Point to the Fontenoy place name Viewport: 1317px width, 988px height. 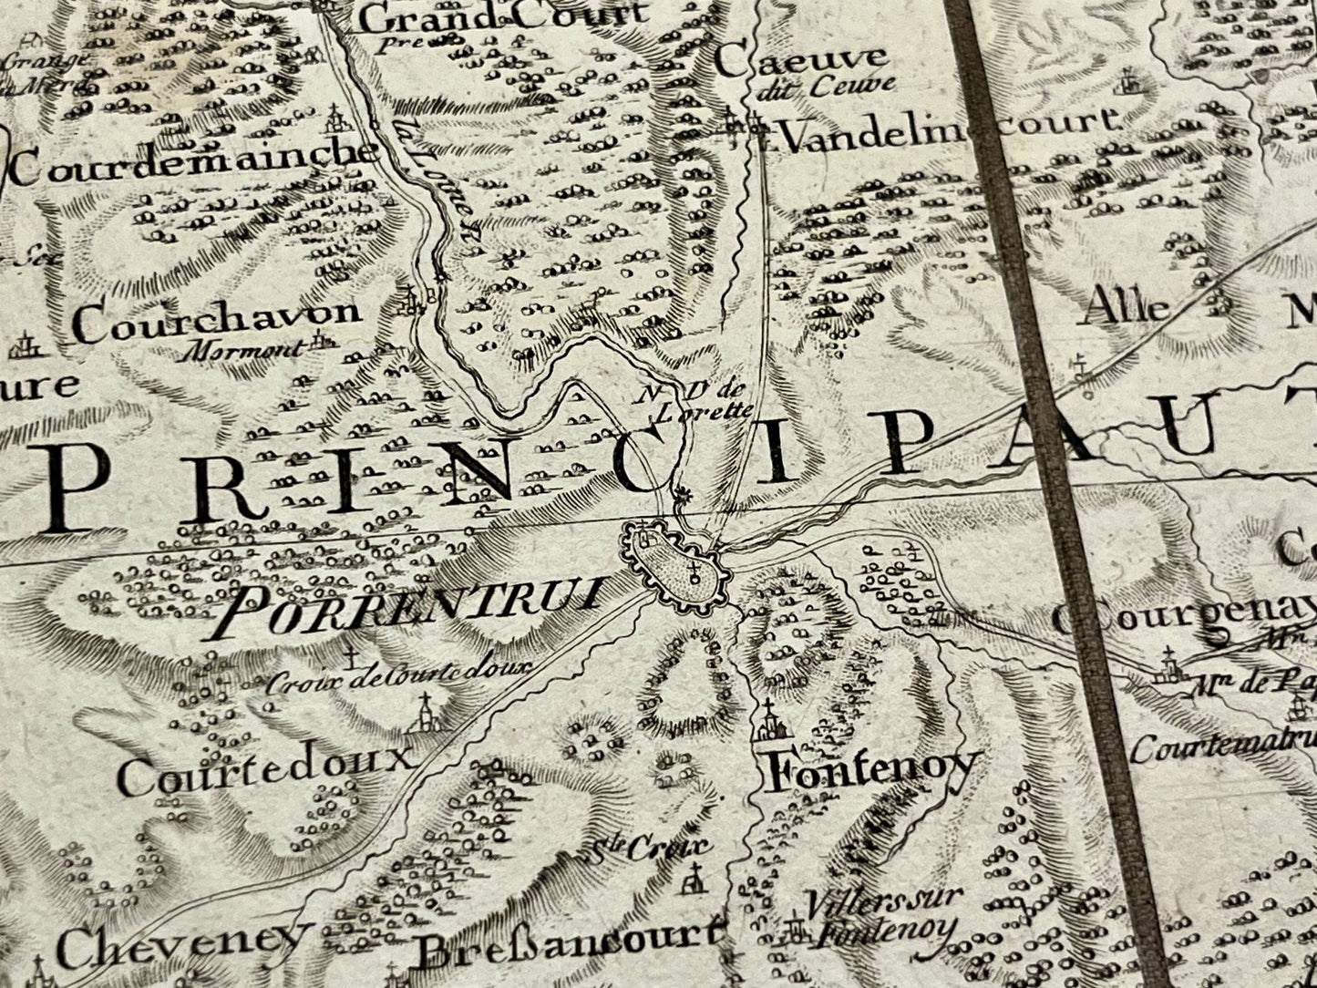click(873, 772)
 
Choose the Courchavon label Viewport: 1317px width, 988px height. click(217, 319)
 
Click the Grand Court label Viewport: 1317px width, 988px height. click(502, 15)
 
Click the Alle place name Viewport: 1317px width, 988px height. click(1122, 308)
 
